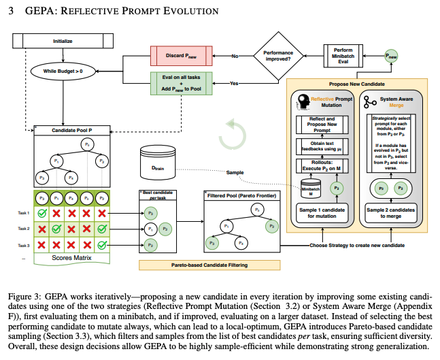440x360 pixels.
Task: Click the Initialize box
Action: coord(63,42)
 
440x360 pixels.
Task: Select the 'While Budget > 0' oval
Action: coord(62,69)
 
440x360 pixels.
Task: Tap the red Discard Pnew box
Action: coord(180,54)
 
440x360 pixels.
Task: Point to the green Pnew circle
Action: coord(391,59)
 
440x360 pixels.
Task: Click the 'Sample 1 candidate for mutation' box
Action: coord(322,212)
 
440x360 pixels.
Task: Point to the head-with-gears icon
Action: coord(303,102)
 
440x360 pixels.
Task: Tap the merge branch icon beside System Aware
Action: coord(370,102)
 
